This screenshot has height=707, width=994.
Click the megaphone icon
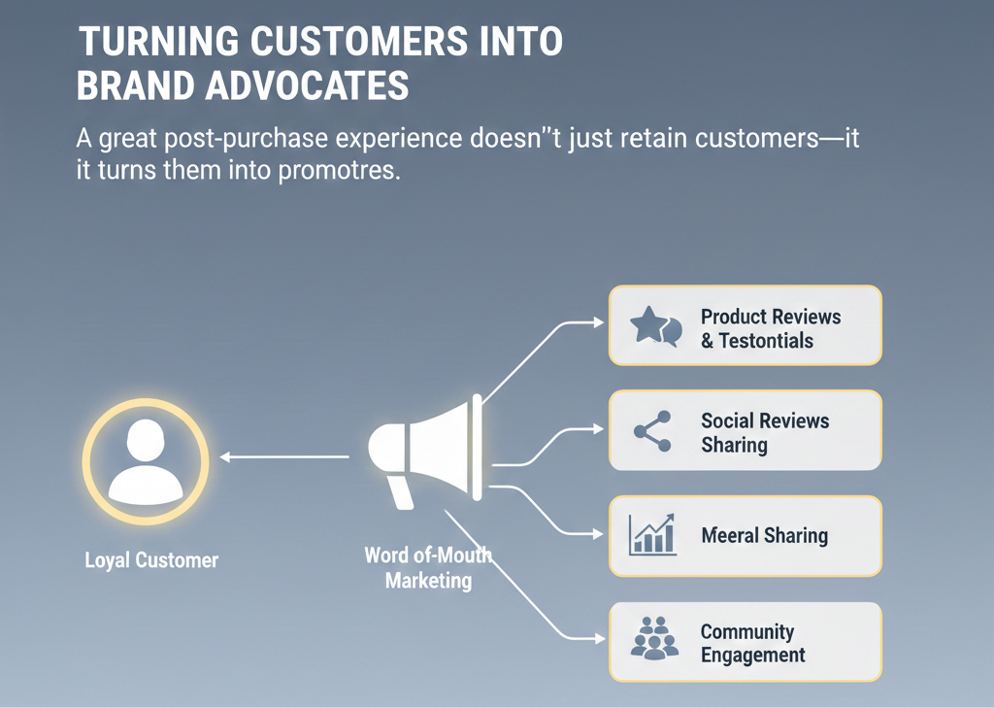coord(427,449)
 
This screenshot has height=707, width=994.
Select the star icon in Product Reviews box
coord(647,324)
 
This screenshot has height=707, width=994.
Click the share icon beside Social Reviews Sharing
coord(651,431)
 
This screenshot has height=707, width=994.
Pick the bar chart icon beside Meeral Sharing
coord(651,535)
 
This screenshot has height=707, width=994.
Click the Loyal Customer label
coord(150,560)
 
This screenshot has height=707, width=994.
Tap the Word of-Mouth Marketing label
coord(428,569)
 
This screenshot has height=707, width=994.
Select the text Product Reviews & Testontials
coord(771,328)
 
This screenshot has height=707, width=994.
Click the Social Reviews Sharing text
coord(765,433)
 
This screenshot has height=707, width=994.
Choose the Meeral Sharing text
coord(765,535)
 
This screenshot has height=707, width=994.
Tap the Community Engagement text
coord(753,643)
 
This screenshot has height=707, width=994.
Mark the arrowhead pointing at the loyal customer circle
coord(224,456)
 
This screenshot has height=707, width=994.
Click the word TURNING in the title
coord(150,45)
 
